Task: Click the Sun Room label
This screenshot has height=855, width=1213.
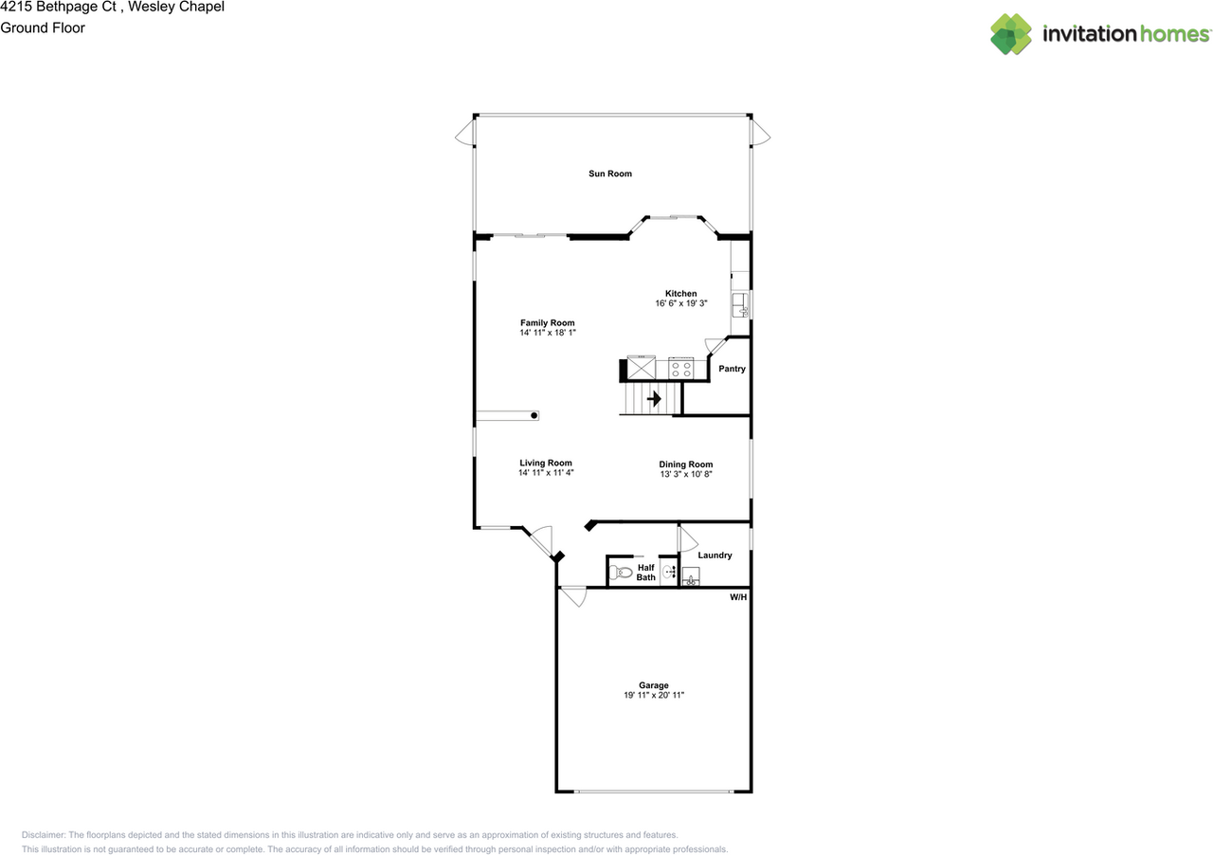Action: (x=609, y=173)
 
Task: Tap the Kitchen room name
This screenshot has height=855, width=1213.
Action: (x=680, y=294)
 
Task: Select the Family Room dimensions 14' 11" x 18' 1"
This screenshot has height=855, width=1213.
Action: (x=548, y=334)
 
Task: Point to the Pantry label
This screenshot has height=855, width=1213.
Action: (x=732, y=369)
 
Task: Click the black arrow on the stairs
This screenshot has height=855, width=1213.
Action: (x=654, y=399)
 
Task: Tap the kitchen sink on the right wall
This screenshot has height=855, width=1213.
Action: (x=739, y=305)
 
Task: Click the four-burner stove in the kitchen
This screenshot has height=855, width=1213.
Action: (x=680, y=368)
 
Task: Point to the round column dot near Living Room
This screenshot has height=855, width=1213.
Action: (x=534, y=415)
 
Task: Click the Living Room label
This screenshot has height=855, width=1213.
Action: (x=546, y=463)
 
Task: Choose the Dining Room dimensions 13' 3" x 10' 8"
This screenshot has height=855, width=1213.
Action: (x=685, y=474)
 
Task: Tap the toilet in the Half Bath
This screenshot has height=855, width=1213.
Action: (x=620, y=573)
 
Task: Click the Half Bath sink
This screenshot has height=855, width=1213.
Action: (x=669, y=572)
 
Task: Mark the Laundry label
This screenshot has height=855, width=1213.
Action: (x=715, y=555)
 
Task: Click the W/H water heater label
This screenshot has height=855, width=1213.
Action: (x=737, y=598)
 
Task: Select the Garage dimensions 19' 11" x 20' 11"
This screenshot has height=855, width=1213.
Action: (x=653, y=696)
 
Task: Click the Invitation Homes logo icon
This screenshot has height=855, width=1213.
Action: (x=1011, y=34)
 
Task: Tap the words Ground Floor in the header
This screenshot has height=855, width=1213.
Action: (x=43, y=27)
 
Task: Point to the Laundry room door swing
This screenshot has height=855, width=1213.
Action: (x=687, y=537)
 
